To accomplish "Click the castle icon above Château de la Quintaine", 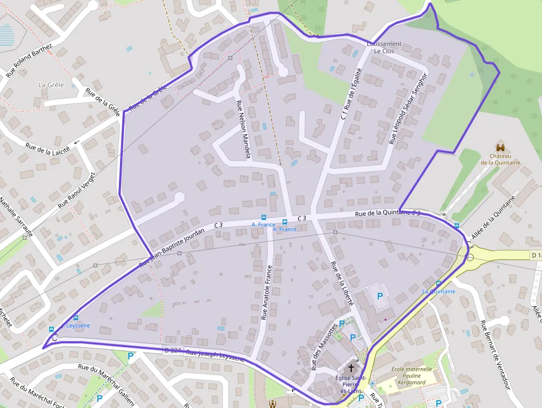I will (501, 148).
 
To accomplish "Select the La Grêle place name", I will (51, 85).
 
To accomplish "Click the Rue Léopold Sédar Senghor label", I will (408, 109).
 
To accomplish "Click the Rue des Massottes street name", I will (324, 347).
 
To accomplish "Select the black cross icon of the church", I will (350, 368).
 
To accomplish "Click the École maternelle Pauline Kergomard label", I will (413, 375).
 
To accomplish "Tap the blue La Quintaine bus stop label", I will (439, 291).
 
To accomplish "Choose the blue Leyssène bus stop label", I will (77, 326).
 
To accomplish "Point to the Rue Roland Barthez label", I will (29, 60).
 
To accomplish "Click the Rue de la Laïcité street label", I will (48, 149).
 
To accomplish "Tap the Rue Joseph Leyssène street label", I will (215, 355).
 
